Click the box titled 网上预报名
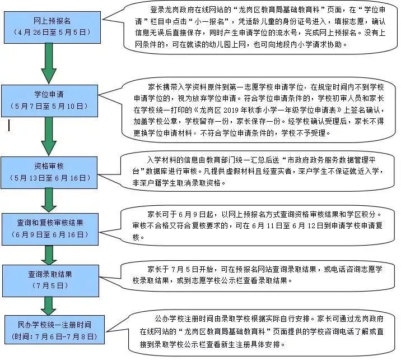point(52,27)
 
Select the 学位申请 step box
point(50,101)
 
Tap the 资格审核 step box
point(49,173)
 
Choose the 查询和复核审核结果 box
point(50,229)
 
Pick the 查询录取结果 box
point(50,281)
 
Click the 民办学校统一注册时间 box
point(54,330)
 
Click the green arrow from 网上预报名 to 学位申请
point(49,63)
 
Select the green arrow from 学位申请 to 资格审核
point(49,136)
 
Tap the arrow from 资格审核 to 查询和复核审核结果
point(49,201)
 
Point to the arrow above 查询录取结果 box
point(49,255)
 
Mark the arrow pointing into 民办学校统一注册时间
point(49,306)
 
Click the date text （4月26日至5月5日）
point(52,33)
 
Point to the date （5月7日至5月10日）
point(49,106)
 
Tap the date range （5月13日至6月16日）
point(50,178)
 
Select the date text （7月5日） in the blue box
point(50,285)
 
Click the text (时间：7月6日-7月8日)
point(54,336)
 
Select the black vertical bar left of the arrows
point(9,126)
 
